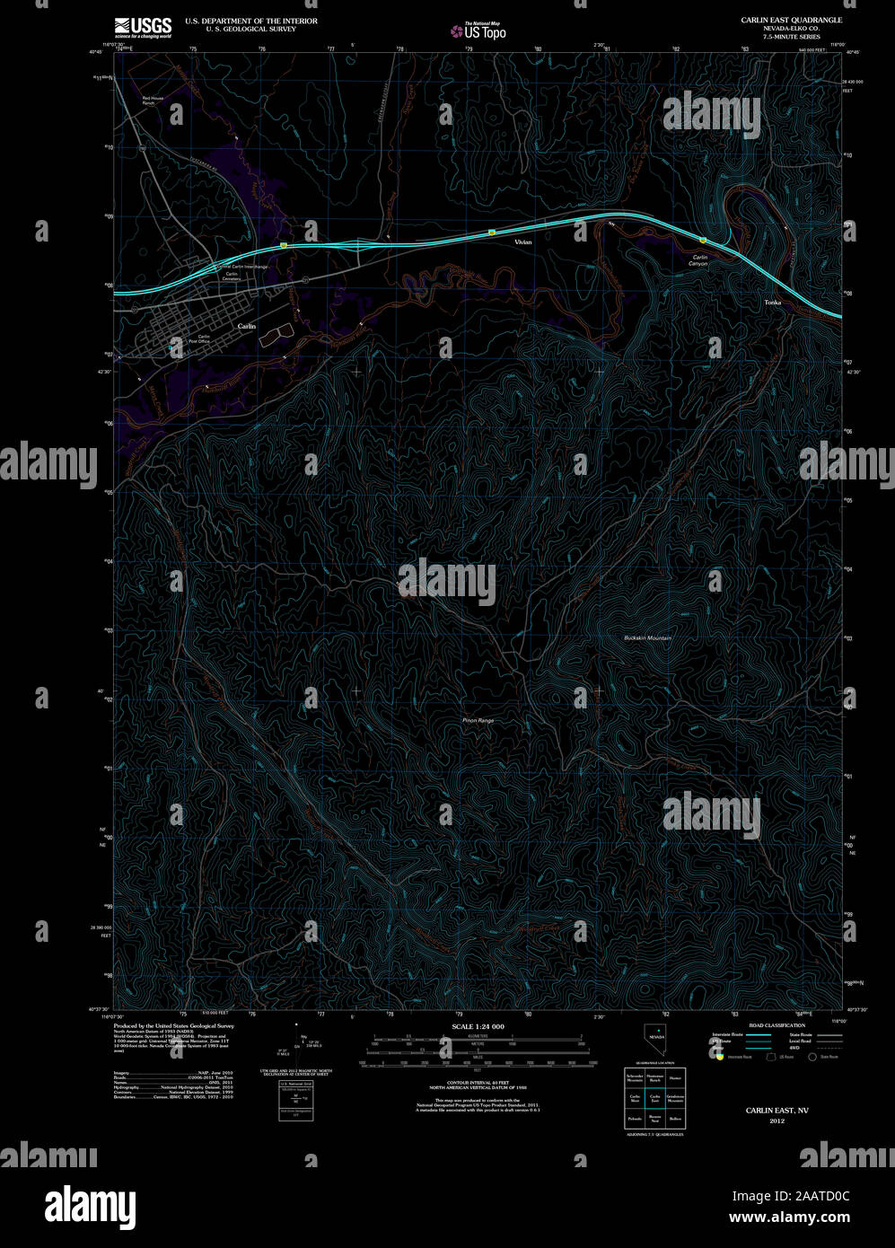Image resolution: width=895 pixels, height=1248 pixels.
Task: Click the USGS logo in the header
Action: point(143,26)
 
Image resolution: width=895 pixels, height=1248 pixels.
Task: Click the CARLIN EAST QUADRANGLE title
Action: point(778,19)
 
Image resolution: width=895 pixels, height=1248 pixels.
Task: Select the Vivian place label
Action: point(522,242)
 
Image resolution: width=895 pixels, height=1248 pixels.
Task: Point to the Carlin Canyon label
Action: point(698,260)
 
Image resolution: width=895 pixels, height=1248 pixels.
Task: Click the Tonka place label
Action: point(772,303)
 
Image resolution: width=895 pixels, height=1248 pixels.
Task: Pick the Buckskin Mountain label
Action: point(647,637)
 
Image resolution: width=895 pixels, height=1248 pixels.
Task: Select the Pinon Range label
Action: point(478,721)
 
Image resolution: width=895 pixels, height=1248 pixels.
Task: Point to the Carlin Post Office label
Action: point(198,339)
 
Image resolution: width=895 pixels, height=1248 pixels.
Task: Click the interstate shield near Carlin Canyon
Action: point(703,241)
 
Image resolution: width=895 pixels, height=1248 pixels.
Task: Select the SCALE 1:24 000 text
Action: point(478,1026)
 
